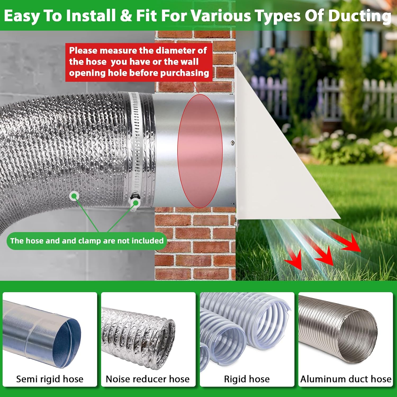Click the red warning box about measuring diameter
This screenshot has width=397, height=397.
139,62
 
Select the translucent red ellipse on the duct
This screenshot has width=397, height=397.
200,151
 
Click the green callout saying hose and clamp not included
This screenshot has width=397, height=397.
87,241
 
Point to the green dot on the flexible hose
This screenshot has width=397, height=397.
74,196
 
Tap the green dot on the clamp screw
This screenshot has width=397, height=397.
136,203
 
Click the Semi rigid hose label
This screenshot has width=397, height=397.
50,379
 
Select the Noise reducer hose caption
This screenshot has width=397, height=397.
148,379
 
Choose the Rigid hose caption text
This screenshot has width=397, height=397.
247,379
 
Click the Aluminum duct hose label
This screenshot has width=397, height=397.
346,379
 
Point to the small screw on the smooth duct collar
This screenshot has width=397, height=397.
232,143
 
